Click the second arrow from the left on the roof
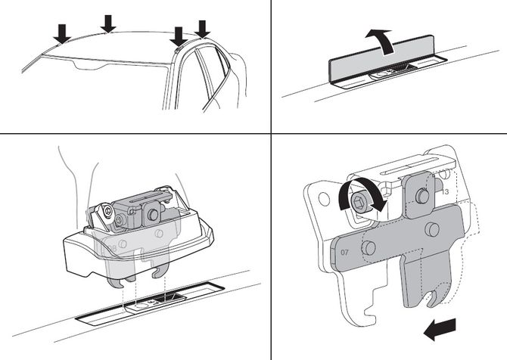(x=108, y=22)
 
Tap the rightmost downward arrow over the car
(x=202, y=27)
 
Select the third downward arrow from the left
(x=179, y=35)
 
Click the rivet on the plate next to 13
(x=421, y=196)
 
